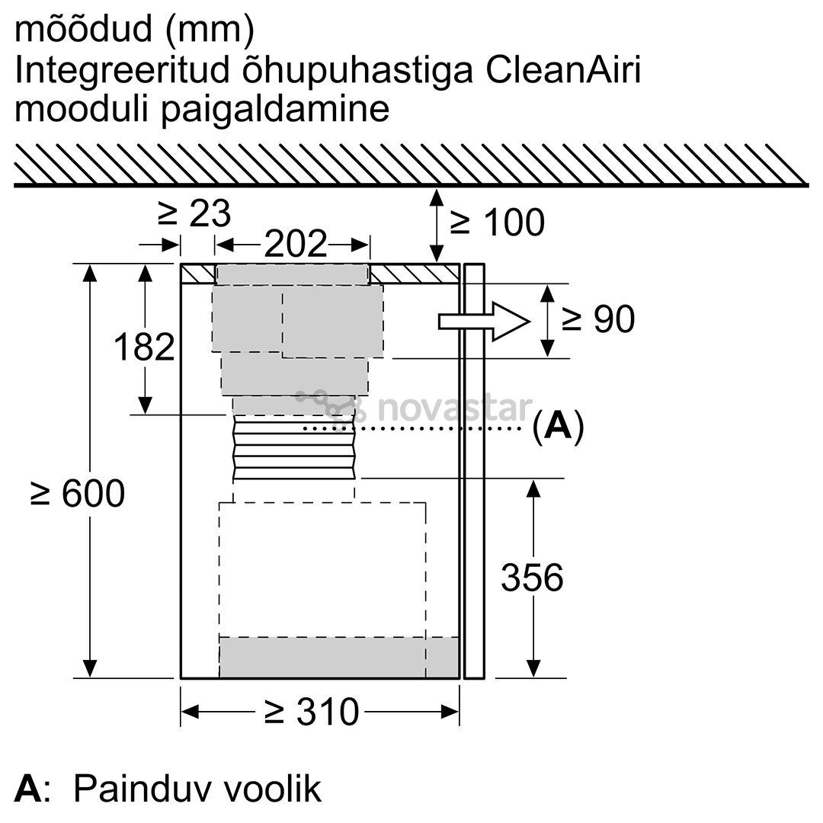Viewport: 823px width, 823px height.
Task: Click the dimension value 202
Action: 296,243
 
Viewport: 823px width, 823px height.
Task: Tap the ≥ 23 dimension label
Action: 194,213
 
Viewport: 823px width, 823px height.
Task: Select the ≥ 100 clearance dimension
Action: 497,222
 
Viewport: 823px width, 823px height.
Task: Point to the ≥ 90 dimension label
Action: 598,319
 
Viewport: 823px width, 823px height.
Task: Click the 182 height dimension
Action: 144,347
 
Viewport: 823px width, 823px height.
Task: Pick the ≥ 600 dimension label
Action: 78,493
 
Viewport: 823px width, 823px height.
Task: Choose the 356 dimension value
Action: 532,578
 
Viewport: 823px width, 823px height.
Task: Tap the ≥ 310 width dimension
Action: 311,712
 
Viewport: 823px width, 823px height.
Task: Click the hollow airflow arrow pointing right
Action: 484,322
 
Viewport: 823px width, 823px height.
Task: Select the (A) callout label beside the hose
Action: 558,426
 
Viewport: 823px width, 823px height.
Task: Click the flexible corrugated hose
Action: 294,447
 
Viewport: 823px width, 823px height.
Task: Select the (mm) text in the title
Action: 210,30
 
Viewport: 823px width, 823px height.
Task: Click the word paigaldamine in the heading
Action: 276,110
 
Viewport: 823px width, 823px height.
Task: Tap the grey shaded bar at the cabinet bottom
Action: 338,657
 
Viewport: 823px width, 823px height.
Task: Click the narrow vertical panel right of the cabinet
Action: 473,471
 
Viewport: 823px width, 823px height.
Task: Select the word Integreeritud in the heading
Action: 122,71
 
